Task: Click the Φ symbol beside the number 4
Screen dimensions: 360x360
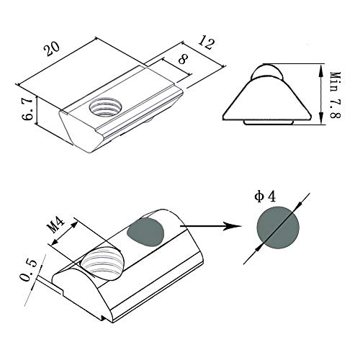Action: tap(258, 196)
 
